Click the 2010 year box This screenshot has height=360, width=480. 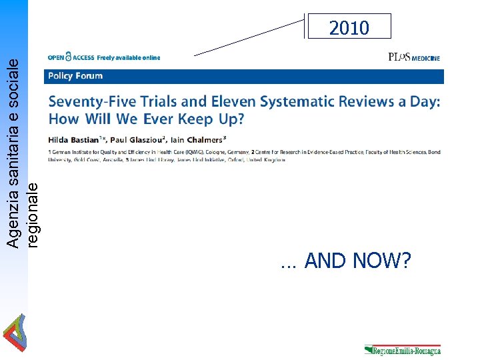(349, 27)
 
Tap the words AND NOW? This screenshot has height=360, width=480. (357, 261)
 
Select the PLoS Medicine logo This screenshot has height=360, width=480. (413, 58)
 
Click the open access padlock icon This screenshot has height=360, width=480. (68, 58)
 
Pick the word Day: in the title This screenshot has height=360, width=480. (426, 102)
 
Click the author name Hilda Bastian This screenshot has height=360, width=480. (69, 139)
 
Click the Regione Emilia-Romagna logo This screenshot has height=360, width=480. (403, 351)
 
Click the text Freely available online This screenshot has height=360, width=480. (129, 58)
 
